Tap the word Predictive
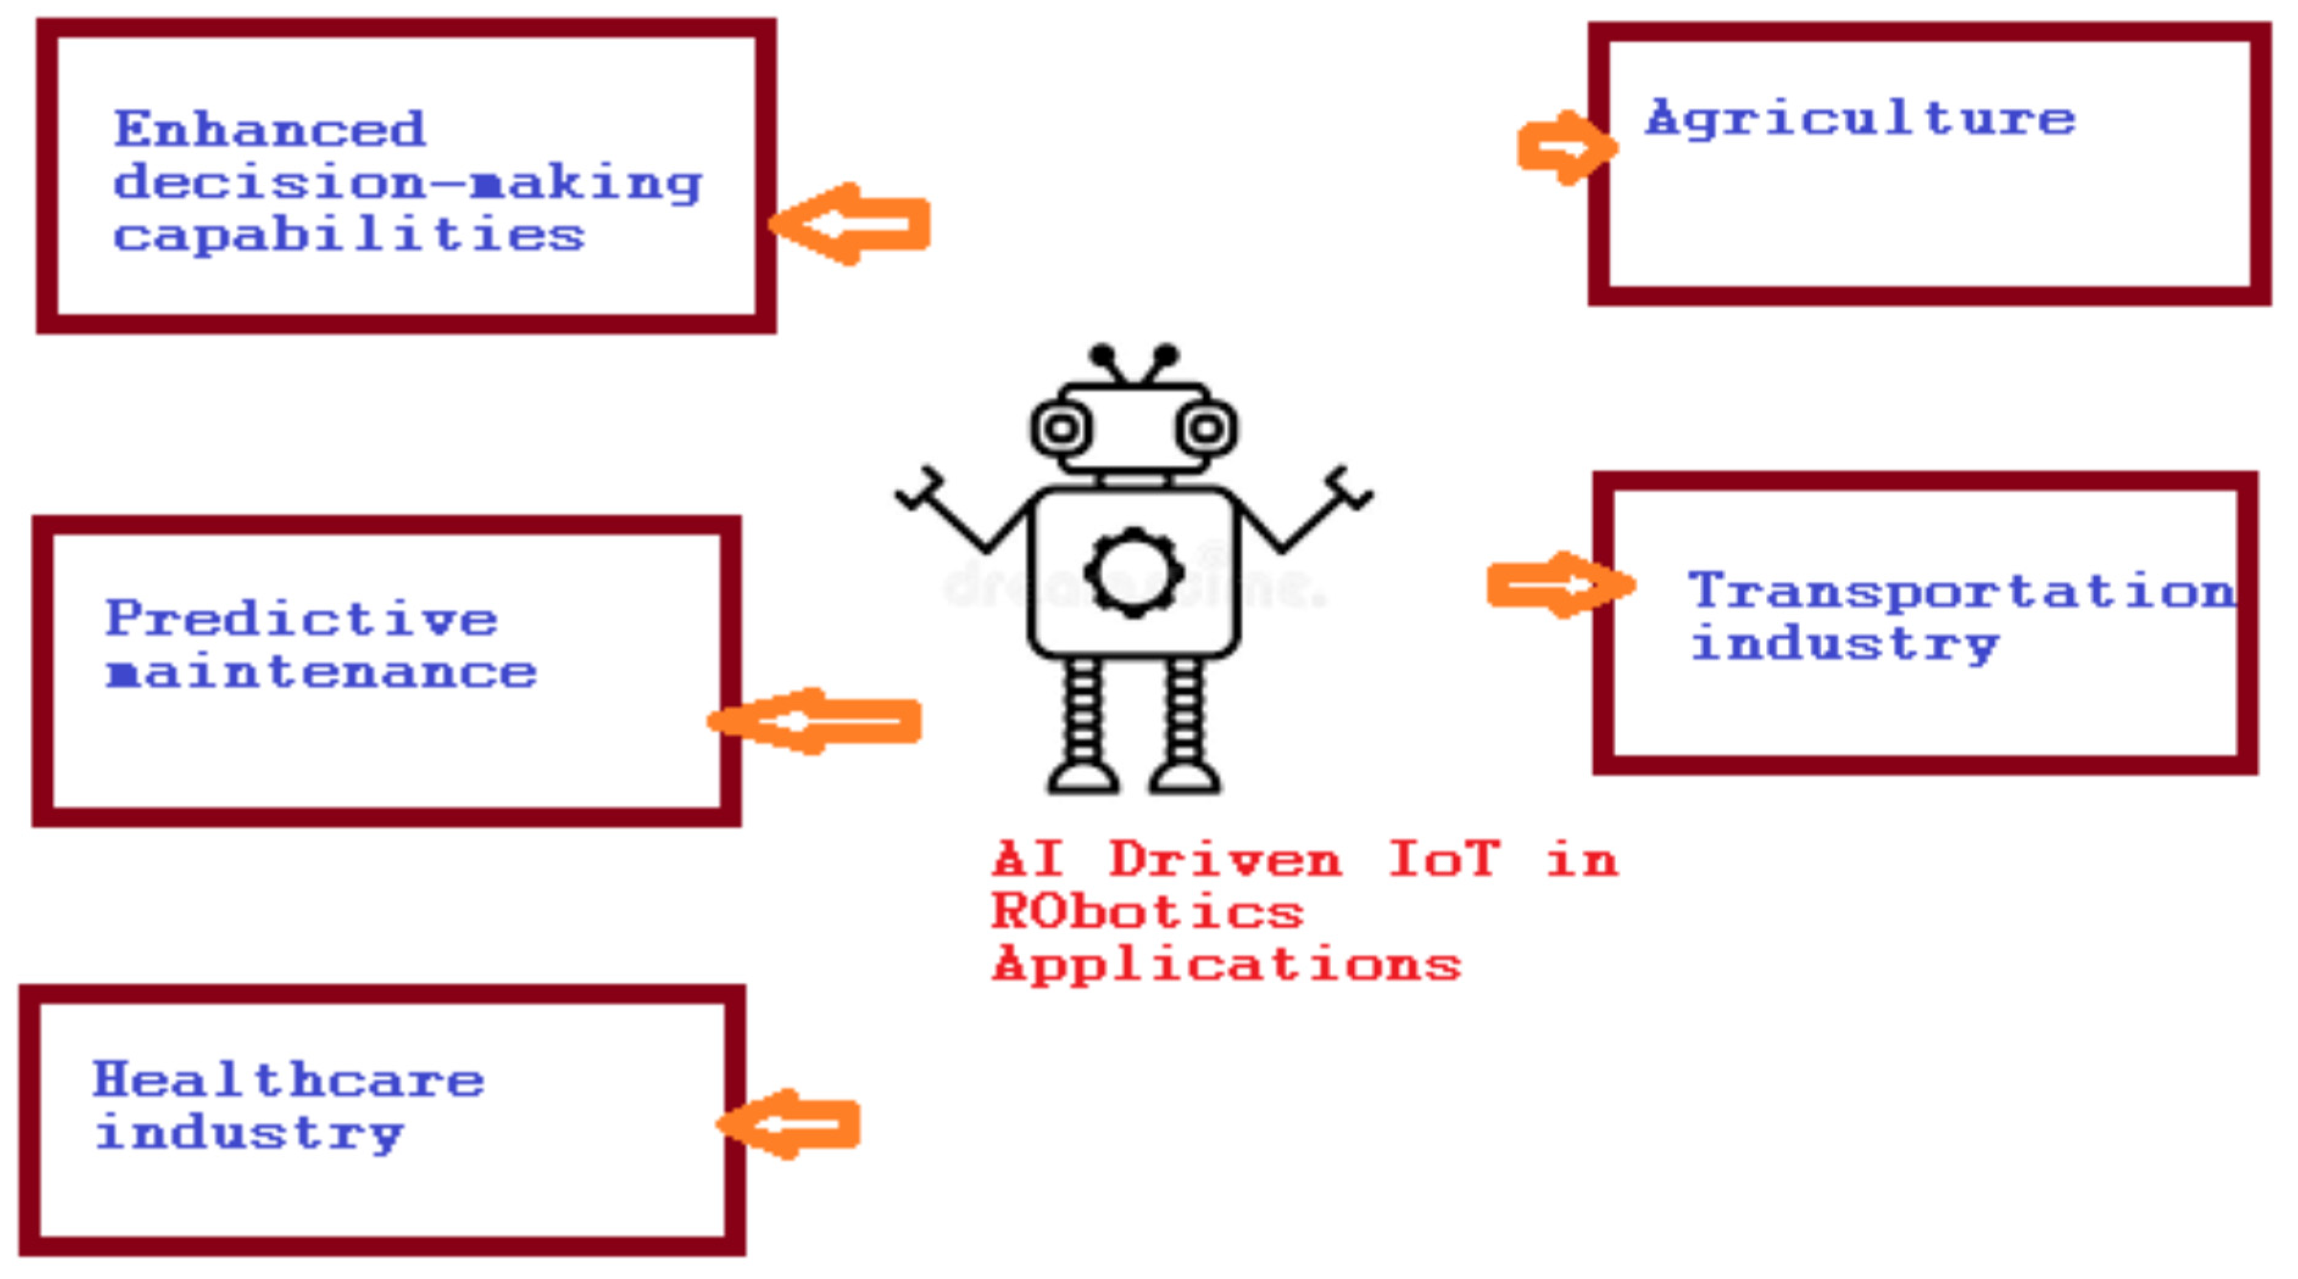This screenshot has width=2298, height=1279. coord(302,619)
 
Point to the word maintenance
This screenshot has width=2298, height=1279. coord(321,673)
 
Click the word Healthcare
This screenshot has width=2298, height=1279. coord(289,1080)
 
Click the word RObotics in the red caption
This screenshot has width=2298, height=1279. coord(1147,912)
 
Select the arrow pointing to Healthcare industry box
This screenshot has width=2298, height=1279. coord(790,1124)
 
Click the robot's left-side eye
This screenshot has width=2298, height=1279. coord(1061,429)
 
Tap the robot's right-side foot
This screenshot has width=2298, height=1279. coord(1185,778)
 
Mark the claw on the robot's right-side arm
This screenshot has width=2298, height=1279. coord(1349,489)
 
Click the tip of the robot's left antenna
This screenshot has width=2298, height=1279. coord(1102,354)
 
